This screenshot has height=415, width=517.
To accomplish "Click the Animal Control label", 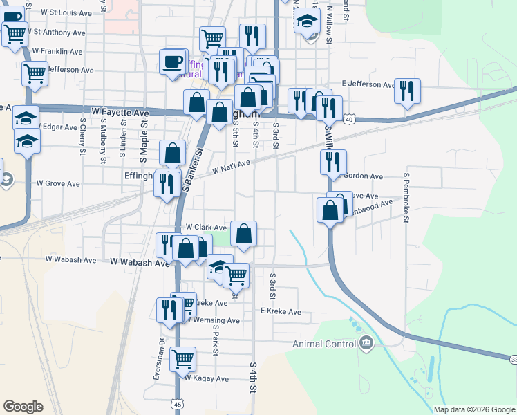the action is point(323,344).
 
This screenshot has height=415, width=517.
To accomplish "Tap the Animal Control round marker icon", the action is point(366,342).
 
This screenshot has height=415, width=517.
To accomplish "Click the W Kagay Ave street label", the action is point(206,378).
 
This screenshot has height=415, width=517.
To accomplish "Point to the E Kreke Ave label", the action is point(281,312).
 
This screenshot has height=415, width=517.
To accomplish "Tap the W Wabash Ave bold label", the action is point(140,262).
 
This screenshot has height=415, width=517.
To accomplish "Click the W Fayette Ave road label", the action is point(120,112).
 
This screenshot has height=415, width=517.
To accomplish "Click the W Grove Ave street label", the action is point(58,183).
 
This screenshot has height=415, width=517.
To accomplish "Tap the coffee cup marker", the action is point(172,62).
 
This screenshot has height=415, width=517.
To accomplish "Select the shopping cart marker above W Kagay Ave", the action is point(182,358).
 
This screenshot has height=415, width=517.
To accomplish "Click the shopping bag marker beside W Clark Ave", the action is point(243,233).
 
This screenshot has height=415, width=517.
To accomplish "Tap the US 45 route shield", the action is point(179,403).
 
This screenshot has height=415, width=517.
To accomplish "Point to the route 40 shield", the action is point(350,120).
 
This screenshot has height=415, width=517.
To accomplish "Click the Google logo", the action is point(23,407).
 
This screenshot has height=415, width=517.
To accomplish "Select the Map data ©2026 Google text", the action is point(474,409).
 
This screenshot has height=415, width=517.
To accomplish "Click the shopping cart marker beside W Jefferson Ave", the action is point(35,73).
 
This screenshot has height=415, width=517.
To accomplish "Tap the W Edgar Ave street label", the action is point(56,127).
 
